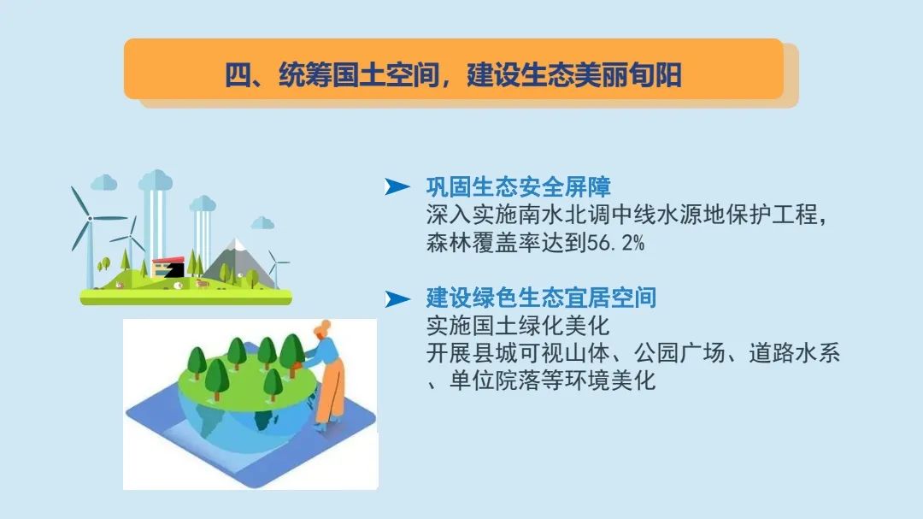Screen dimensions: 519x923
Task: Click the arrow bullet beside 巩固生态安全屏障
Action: pyautogui.click(x=397, y=187)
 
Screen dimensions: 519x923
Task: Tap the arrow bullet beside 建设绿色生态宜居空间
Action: pyautogui.click(x=397, y=298)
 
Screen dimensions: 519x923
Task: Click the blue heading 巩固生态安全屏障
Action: pyautogui.click(x=518, y=187)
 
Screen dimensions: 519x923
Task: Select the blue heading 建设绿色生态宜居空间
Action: pyautogui.click(x=541, y=298)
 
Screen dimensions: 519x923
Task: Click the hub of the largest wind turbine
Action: pyautogui.click(x=89, y=219)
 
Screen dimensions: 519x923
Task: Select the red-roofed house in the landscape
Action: pyautogui.click(x=168, y=266)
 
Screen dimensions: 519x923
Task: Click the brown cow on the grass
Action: pyautogui.click(x=201, y=283)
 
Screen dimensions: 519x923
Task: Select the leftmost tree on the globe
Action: pyautogui.click(x=197, y=360)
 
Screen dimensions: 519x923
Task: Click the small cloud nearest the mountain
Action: pyautogui.click(x=262, y=223)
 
